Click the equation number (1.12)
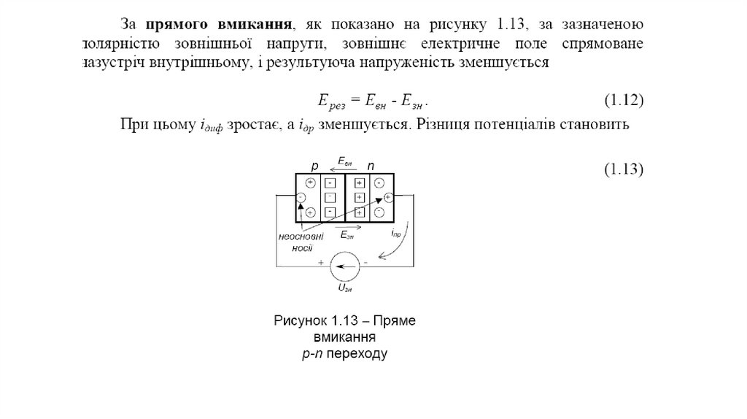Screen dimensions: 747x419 (623, 99)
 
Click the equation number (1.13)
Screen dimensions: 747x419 (623, 169)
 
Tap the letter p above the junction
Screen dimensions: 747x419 (316, 165)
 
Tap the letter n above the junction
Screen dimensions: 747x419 (371, 165)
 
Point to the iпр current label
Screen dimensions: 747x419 (395, 234)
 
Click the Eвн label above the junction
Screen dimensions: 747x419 (345, 160)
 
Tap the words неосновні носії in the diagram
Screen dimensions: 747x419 (301, 242)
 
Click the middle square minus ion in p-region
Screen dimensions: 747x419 (330, 197)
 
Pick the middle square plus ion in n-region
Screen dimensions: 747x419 (358, 198)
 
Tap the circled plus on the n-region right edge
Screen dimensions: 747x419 (388, 197)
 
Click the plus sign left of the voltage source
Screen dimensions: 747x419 (320, 261)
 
